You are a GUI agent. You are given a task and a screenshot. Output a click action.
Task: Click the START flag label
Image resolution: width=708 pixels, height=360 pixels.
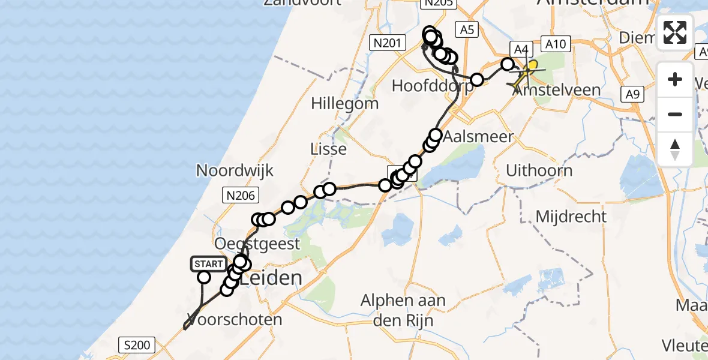(208, 264)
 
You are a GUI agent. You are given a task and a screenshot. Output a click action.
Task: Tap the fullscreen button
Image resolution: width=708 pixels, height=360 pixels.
(675, 32)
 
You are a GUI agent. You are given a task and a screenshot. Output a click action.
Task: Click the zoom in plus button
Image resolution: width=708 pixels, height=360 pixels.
(675, 79)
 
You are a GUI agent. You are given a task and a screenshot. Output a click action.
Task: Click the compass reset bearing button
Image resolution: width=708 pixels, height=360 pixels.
(675, 149)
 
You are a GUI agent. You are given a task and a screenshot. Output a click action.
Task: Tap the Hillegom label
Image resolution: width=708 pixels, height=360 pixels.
(344, 104)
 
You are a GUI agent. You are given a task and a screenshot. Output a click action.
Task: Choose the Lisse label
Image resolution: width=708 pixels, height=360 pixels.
(329, 149)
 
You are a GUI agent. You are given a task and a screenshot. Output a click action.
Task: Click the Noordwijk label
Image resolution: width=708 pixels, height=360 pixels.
(235, 171)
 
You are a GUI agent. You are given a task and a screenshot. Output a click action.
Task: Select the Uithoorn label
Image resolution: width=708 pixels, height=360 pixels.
(539, 170)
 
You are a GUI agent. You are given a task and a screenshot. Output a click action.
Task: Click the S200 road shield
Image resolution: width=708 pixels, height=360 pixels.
(137, 345)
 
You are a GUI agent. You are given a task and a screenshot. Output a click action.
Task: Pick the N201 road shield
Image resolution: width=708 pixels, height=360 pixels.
(386, 43)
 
